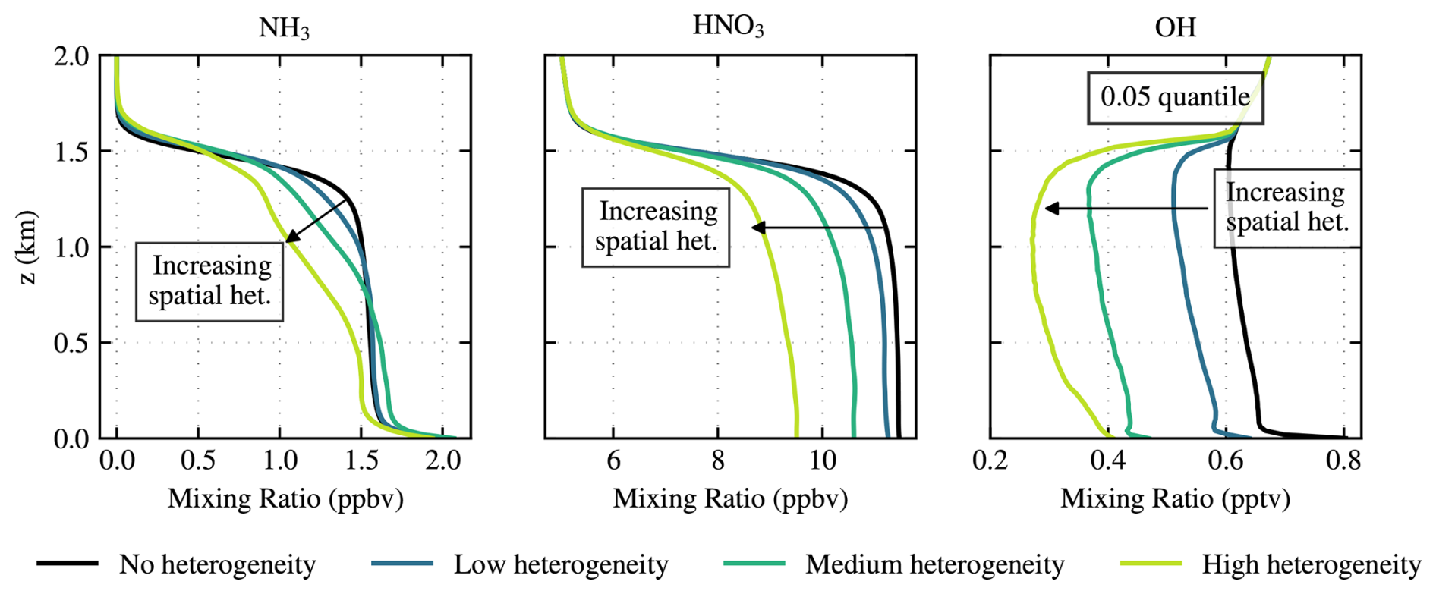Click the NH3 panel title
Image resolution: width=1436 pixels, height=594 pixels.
tap(284, 28)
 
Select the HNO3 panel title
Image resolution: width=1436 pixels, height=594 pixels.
tap(728, 26)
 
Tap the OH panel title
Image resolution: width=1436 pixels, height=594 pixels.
tap(1175, 27)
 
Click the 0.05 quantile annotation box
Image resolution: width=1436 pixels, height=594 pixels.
tap(1175, 97)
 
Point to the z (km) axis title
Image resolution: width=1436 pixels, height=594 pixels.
tap(27, 247)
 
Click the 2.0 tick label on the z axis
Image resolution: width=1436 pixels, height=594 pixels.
tap(71, 56)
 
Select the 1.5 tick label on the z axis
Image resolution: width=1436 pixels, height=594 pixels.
tap(71, 152)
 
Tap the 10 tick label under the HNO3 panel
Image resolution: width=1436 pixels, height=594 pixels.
tap(822, 460)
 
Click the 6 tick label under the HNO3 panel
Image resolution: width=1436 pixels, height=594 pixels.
tap(613, 460)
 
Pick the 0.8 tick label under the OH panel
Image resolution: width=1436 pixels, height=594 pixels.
tap(1343, 460)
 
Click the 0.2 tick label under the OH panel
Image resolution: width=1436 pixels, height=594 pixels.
tap(990, 460)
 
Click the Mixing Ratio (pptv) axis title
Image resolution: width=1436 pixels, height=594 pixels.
tap(1175, 498)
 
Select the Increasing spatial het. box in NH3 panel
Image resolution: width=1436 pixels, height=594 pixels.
tap(209, 281)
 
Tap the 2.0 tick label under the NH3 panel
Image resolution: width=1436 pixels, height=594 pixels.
tap(442, 460)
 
